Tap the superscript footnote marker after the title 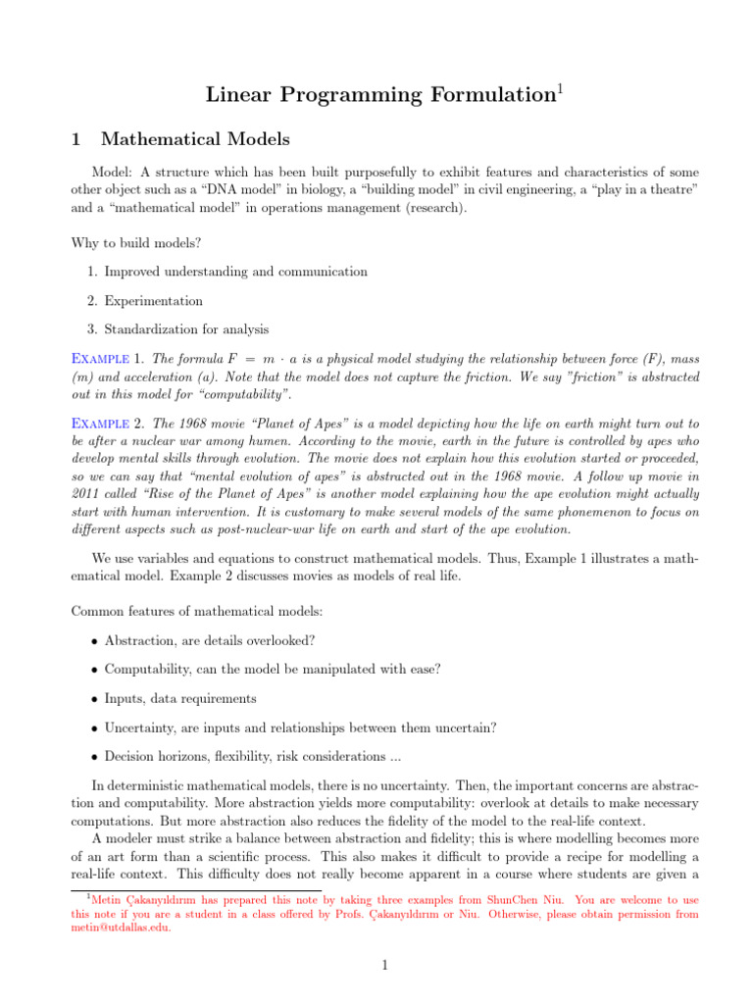click(561, 89)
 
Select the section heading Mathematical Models click(195, 140)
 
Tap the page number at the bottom click(385, 967)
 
